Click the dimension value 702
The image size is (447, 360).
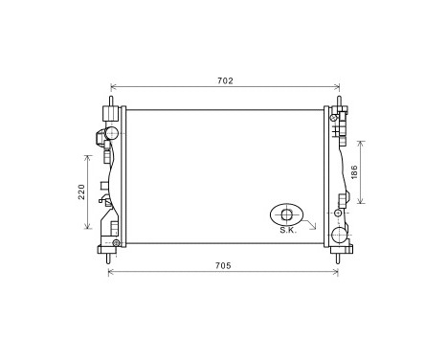click(x=225, y=80)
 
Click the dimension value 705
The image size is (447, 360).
click(x=223, y=265)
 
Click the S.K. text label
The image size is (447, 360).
click(x=287, y=231)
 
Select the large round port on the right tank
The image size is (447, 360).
click(x=339, y=236)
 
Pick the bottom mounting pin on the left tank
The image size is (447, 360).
click(x=113, y=257)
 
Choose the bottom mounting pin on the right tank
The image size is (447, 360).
click(x=338, y=257)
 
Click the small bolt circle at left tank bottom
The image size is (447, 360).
click(x=116, y=243)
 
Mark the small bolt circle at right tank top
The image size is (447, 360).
click(x=333, y=118)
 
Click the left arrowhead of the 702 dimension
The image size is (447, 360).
click(x=114, y=86)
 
